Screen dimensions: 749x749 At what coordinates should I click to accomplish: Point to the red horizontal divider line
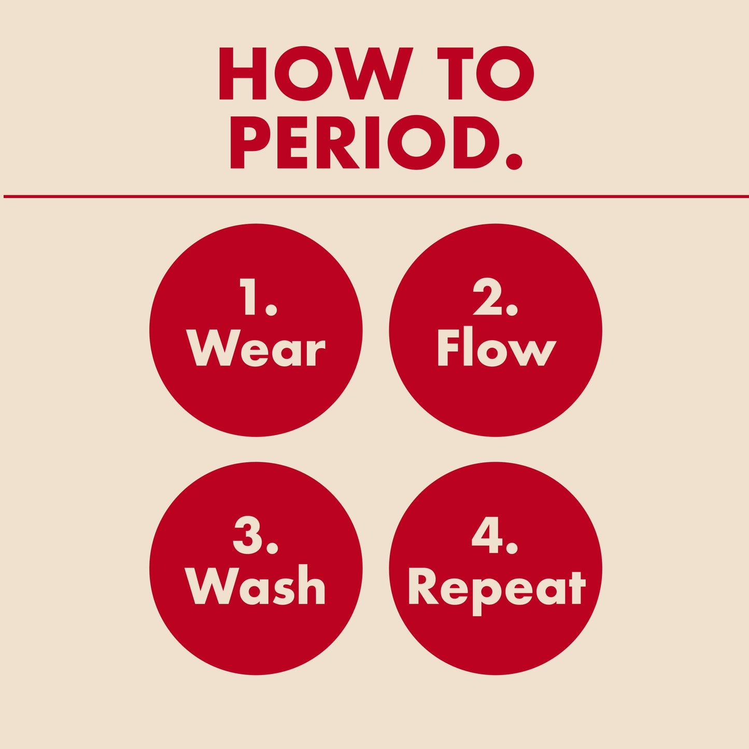374,196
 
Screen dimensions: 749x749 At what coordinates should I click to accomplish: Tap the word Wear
256,348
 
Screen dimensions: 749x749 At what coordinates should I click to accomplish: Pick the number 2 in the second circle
485,296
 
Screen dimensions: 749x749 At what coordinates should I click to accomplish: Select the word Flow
496,347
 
